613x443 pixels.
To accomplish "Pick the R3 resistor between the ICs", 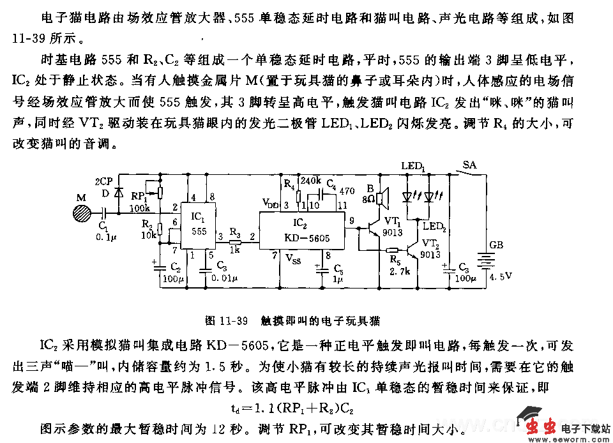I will coord(234,240).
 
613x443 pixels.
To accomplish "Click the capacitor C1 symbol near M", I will coord(104,213).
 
